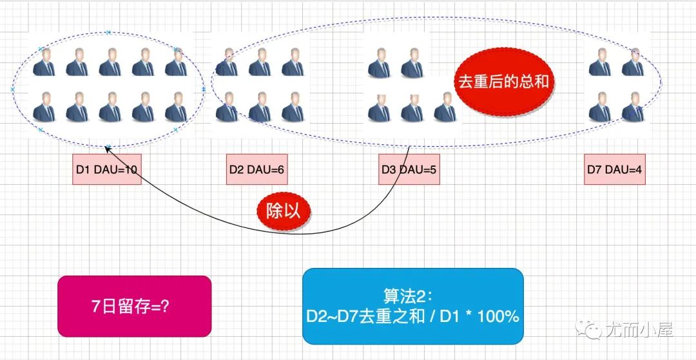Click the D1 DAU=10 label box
point(107,170)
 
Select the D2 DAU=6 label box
point(257,170)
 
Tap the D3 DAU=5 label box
point(409,170)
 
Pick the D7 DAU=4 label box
point(615,170)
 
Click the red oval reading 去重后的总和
point(505,82)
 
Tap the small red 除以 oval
point(283,210)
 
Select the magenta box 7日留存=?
point(134,306)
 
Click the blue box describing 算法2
point(412,306)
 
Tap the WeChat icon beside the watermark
point(592,330)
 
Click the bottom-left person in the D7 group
point(599,107)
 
